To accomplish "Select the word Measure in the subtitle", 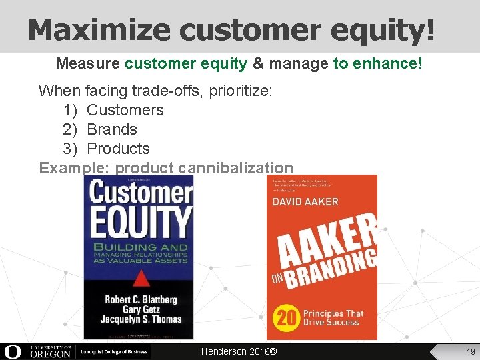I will click(87, 64).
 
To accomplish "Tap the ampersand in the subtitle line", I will click(258, 64).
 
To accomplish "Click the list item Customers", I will click(125, 110).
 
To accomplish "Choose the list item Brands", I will click(112, 129).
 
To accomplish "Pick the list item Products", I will click(119, 149).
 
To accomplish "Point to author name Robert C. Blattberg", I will click(141, 299).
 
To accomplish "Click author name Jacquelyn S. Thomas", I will click(141, 320).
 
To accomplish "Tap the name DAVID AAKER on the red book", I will click(305, 201).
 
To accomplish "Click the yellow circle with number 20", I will click(287, 319).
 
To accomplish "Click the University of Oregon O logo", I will click(13, 351).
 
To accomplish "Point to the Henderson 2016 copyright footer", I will click(239, 351).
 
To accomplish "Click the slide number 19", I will click(470, 351).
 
